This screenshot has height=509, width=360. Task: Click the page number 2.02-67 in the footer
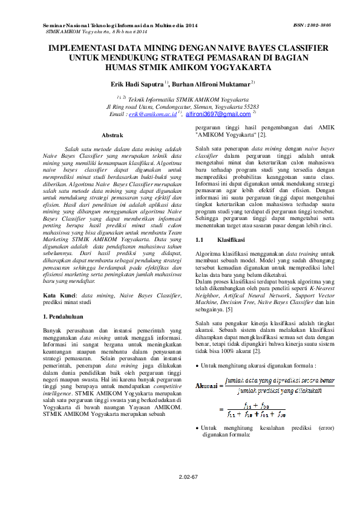188,477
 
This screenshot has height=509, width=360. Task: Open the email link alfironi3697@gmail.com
218,114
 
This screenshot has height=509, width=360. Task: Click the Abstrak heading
113,134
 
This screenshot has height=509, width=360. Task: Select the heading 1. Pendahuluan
67,316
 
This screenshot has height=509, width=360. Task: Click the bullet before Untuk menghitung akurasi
198,366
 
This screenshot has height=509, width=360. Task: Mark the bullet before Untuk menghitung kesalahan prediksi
198,427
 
